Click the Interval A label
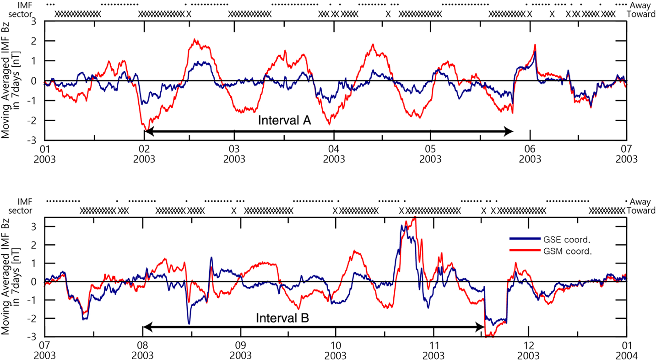point(284,121)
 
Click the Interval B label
point(282,318)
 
